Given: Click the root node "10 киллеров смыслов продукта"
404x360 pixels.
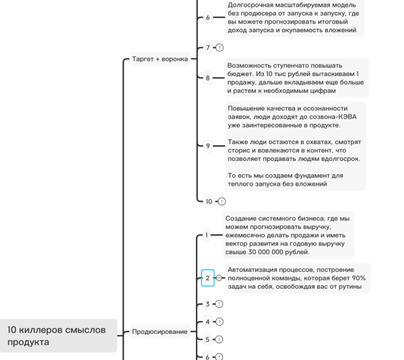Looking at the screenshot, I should click(x=57, y=335).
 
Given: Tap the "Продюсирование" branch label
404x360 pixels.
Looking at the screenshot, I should click(x=160, y=332).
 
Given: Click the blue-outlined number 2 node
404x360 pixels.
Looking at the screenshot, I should click(x=208, y=278).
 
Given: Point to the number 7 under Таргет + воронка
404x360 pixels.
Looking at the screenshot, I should click(x=208, y=48).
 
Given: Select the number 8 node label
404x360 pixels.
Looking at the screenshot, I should click(x=208, y=78).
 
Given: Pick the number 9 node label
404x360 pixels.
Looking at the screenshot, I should click(x=208, y=145).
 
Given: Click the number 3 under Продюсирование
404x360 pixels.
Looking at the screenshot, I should click(x=208, y=304).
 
